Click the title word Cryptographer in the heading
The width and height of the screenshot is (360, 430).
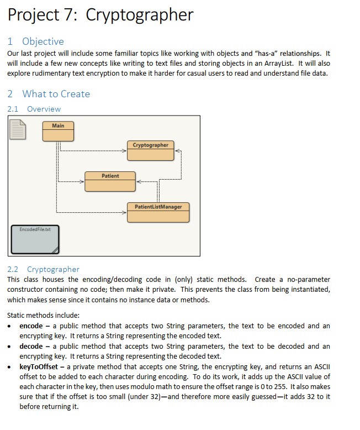coord(140,14)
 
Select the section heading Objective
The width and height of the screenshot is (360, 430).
coord(43,41)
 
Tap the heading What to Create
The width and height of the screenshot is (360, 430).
coord(56,94)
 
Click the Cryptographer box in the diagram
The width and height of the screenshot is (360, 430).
coord(150,150)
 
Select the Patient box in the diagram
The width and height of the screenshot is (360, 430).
coord(110,181)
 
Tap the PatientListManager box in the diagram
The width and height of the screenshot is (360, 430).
coord(158,212)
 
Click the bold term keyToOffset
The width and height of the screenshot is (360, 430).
coord(41,366)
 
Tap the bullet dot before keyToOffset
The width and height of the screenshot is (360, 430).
coord(11,366)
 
